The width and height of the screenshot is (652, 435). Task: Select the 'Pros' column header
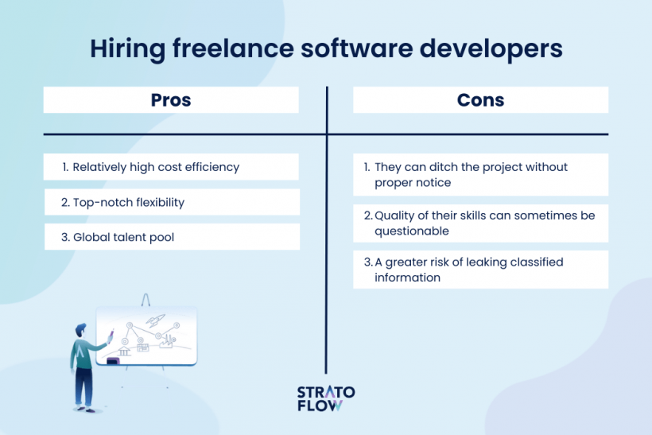point(171,100)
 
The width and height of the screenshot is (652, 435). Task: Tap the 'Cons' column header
point(480,100)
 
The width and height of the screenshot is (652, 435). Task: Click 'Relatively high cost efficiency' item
point(156,167)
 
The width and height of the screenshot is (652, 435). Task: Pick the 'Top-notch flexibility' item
point(128,202)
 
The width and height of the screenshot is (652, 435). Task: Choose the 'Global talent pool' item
point(122,237)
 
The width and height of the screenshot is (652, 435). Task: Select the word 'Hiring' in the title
point(119,49)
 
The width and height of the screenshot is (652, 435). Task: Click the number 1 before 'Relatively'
point(64,167)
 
